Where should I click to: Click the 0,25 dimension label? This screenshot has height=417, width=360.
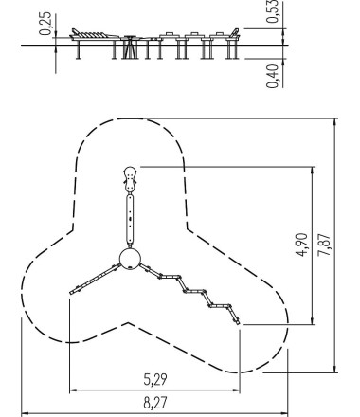(45, 24)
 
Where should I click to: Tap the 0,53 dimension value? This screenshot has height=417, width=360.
(272, 11)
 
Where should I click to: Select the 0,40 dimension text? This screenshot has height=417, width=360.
(272, 76)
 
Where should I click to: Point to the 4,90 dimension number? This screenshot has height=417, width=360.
(302, 245)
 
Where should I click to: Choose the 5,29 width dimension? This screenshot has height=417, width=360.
(155, 379)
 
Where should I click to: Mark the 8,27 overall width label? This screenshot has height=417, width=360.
(155, 403)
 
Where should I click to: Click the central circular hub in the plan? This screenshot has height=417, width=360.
(130, 258)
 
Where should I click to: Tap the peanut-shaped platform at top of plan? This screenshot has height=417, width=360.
(130, 179)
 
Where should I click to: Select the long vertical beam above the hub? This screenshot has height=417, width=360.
(130, 221)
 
